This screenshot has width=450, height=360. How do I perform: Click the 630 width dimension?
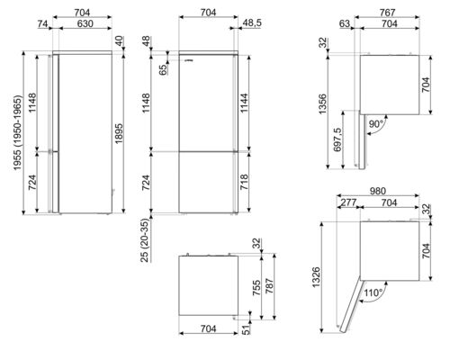coord(85,23)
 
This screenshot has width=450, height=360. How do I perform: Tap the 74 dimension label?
coord(43,23)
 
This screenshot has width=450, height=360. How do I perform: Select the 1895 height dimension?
coord(119,133)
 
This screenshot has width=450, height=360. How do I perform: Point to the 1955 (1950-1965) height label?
coord(18,133)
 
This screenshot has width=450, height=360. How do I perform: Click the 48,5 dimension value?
coord(251,22)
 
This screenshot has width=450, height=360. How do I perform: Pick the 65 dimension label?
coord(163,69)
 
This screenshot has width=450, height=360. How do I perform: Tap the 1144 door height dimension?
coord(244,103)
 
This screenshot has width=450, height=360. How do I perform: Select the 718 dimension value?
coord(244,182)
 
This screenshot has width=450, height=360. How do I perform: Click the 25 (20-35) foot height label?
coord(145,240)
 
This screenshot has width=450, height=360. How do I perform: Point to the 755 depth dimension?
coord(256,288)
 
